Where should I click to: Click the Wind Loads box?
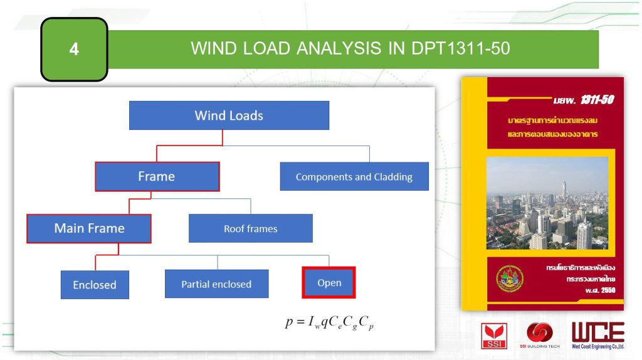coord(229,115)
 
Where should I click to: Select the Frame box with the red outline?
coord(157,176)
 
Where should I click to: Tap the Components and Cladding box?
coord(354,177)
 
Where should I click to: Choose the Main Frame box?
coord(89,228)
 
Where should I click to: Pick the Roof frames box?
coord(250,228)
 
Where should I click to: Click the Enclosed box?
coord(95,285)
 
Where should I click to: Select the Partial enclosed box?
coord(216,284)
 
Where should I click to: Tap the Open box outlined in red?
coord(329,283)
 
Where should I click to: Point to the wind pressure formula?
coord(329,322)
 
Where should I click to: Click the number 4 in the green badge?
coord(74,49)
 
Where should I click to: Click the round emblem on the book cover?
coord(509,278)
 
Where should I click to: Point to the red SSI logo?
coord(494,335)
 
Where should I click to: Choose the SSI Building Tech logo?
coord(540,335)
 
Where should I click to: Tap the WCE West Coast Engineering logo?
coord(597,335)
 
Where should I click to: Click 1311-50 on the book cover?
coord(596,100)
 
